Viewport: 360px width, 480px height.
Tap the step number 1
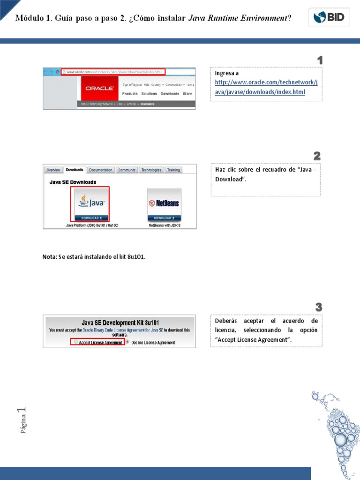point(320,60)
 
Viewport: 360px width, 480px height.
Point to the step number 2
point(317,156)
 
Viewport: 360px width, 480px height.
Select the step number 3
point(319,307)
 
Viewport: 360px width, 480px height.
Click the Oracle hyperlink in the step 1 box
point(266,87)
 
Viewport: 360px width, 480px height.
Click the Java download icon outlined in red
point(90,204)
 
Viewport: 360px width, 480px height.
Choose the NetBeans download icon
point(164,205)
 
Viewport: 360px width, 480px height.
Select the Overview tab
point(53,170)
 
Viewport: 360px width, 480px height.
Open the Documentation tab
point(101,170)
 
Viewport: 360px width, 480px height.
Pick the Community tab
point(127,170)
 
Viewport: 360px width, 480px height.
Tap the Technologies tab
point(151,170)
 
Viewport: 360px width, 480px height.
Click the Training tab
point(173,170)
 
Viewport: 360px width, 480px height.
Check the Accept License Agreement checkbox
point(76,342)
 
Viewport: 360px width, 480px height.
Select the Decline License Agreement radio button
point(127,342)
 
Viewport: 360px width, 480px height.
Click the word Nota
point(49,257)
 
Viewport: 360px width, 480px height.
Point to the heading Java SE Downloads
point(73,182)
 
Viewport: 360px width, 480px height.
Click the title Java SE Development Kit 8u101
point(120,322)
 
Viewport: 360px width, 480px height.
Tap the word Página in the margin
point(23,424)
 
